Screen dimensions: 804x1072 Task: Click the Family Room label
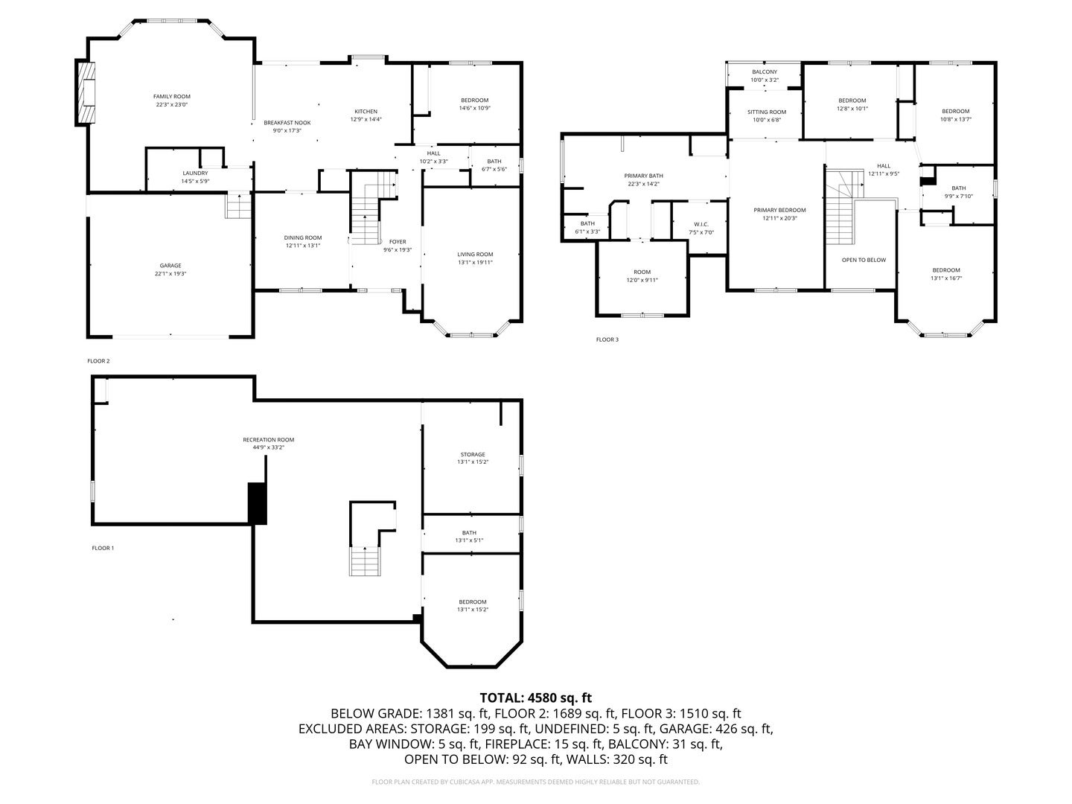pos(171,96)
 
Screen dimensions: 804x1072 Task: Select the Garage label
pos(170,266)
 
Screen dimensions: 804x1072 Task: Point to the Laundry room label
pos(195,173)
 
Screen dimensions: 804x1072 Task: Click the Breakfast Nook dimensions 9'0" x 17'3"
pos(287,131)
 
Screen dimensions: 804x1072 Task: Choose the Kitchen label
pos(366,112)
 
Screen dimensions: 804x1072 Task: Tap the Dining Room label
pos(303,237)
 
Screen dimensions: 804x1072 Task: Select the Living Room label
pos(475,255)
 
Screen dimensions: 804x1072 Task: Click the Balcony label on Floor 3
pos(764,72)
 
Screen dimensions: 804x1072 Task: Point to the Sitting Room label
pos(767,112)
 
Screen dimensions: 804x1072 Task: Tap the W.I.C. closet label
pos(701,224)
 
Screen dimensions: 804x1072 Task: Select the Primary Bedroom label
pos(779,210)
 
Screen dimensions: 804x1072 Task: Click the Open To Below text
pos(864,260)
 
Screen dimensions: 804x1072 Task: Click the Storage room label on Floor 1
pos(472,454)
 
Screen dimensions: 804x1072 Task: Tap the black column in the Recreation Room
pos(257,503)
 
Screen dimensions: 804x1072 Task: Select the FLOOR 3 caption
pos(607,339)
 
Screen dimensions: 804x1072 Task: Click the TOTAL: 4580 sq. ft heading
pos(535,698)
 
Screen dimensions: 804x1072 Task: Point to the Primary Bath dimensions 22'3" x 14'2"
pos(643,184)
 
